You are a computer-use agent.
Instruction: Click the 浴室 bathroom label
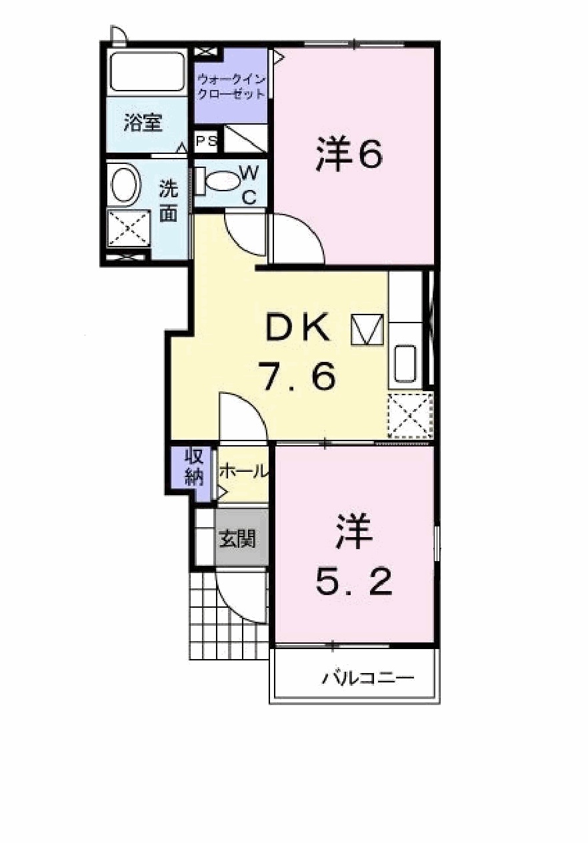coord(143,123)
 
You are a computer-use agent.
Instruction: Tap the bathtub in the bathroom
coord(147,71)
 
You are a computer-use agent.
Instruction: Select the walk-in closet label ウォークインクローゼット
coord(231,87)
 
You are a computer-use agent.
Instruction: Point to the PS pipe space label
coord(206,142)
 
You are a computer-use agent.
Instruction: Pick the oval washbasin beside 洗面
coord(125,185)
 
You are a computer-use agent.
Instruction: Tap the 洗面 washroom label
coord(169,201)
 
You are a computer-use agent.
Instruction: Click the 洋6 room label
coord(349,155)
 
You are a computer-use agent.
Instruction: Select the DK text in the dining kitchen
coord(297,328)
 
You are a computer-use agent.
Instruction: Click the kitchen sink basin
coord(405,364)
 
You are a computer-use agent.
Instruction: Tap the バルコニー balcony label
coord(368,679)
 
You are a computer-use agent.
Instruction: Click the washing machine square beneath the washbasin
coord(129,228)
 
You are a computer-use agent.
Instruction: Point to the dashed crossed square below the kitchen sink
coord(411,416)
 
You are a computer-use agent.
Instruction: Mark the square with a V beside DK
coord(368,329)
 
